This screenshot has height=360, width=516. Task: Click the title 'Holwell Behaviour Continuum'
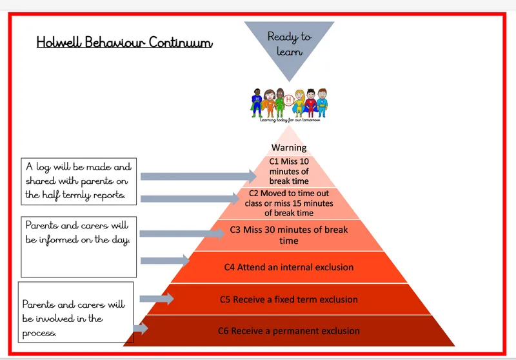124,43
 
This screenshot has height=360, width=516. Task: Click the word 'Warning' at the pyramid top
289,148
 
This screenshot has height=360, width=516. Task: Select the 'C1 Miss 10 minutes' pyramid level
289,171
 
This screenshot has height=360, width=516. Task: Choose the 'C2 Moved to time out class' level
289,203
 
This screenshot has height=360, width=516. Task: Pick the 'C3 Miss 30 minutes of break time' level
289,235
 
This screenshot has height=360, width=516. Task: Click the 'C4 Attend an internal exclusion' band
289,267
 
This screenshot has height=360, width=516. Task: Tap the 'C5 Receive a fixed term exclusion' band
289,299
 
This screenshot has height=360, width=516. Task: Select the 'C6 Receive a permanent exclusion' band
289,331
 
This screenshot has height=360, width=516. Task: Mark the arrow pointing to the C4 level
164,260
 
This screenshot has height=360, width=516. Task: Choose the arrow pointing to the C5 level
156,299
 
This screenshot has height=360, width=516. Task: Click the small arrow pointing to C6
141,328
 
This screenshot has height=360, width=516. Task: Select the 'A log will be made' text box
79,181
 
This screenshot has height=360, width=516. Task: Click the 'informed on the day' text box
79,247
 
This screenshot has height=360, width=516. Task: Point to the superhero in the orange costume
267,104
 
